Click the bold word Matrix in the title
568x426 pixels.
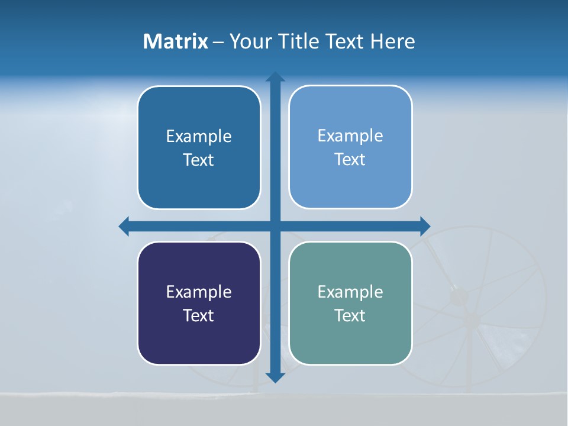pyautogui.click(x=176, y=41)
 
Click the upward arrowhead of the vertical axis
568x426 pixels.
pyautogui.click(x=275, y=78)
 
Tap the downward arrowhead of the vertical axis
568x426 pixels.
pyautogui.click(x=275, y=377)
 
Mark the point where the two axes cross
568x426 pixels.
pyautogui.click(x=275, y=226)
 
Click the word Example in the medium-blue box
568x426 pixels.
pyautogui.click(x=199, y=137)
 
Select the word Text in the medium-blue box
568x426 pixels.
pyautogui.click(x=199, y=160)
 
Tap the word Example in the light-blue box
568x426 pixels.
pyautogui.click(x=350, y=136)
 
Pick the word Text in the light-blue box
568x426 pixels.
pyautogui.click(x=350, y=160)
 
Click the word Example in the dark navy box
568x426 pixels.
pyautogui.click(x=199, y=292)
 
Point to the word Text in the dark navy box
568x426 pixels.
pyautogui.click(x=199, y=316)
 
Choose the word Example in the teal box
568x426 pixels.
pyautogui.click(x=350, y=292)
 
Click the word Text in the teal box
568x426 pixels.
pyautogui.click(x=350, y=316)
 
